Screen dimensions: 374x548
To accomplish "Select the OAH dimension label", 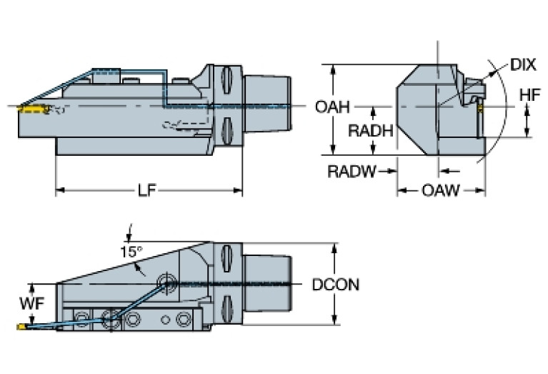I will (x=332, y=108).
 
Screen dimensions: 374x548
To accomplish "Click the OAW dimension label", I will (x=441, y=191).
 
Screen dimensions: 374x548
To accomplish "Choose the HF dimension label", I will (x=529, y=94).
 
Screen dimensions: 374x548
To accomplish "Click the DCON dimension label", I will (x=335, y=285).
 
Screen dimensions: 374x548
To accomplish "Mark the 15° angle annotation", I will (x=131, y=251).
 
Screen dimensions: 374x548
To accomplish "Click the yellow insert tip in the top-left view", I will (x=30, y=109).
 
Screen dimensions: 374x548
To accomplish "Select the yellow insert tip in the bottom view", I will (x=21, y=327).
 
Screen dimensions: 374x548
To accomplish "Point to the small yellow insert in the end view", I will (x=481, y=109).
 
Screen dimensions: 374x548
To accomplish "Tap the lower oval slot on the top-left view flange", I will (x=228, y=130).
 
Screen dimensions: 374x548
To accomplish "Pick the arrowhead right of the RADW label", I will (x=392, y=171).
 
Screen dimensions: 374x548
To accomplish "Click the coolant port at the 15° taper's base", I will (x=168, y=282).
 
